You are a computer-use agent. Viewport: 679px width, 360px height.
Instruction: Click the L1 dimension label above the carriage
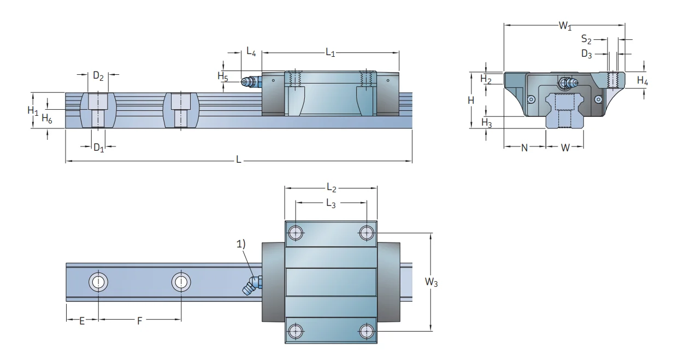(330, 52)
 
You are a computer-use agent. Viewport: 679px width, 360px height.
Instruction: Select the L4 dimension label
(251, 52)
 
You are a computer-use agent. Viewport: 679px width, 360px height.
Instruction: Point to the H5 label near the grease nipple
(222, 77)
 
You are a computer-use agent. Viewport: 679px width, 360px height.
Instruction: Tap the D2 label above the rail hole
(98, 76)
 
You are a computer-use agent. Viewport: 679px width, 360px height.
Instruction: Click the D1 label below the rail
(98, 148)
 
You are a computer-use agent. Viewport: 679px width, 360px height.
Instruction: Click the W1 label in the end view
(565, 26)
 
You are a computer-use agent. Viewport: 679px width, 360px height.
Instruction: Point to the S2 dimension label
(586, 39)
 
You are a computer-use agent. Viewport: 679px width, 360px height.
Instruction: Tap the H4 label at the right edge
(643, 81)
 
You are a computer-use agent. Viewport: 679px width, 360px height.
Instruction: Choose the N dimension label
(524, 148)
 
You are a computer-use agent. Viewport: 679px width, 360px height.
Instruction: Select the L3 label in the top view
(331, 203)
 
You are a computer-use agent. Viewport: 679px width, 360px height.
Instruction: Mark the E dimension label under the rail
(82, 321)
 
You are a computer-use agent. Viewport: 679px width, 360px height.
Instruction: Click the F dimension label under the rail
(139, 321)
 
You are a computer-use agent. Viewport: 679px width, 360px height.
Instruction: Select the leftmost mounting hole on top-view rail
(98, 282)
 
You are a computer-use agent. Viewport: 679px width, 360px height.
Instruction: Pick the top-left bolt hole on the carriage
(296, 233)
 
